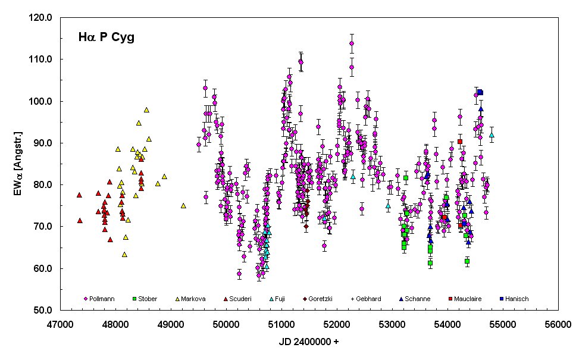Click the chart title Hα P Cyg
pyautogui.click(x=107, y=37)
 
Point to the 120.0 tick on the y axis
pyautogui.click(x=44, y=18)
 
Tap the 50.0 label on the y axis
pyautogui.click(x=44, y=311)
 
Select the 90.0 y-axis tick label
pyautogui.click(x=44, y=143)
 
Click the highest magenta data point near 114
pyautogui.click(x=352, y=43)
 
